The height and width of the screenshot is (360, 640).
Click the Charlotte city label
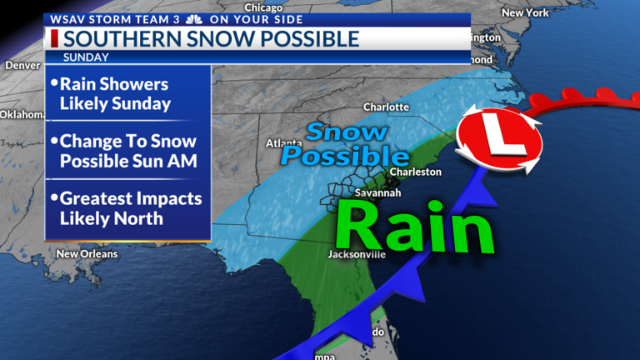tap(386, 107)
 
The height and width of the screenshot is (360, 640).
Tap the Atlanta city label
tap(283, 142)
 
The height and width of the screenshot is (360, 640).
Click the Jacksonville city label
tap(357, 254)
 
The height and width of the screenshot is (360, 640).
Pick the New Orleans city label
tap(87, 253)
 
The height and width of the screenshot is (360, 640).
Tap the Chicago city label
tap(263, 7)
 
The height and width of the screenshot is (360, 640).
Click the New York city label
tap(525, 12)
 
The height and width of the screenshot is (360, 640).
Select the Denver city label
tap(22, 65)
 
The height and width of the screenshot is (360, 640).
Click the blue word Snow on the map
tap(346, 132)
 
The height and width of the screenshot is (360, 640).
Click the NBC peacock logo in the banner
tap(193, 18)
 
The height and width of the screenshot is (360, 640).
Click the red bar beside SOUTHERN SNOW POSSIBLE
tap(54, 38)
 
